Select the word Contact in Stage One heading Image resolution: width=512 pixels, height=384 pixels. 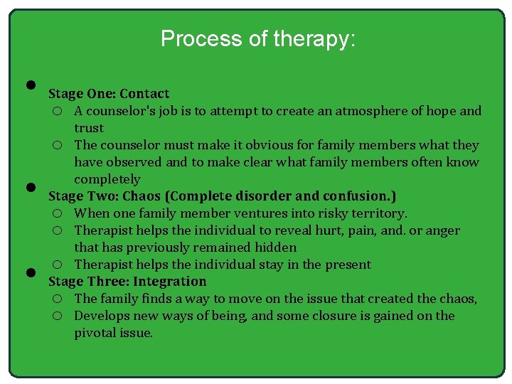click(x=144, y=94)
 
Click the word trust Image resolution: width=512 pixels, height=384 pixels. click(x=89, y=128)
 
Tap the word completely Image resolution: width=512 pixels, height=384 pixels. click(x=107, y=179)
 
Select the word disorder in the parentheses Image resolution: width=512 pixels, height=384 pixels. click(x=258, y=196)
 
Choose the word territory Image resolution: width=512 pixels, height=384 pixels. click(x=381, y=213)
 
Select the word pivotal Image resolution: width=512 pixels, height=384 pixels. click(x=94, y=333)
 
